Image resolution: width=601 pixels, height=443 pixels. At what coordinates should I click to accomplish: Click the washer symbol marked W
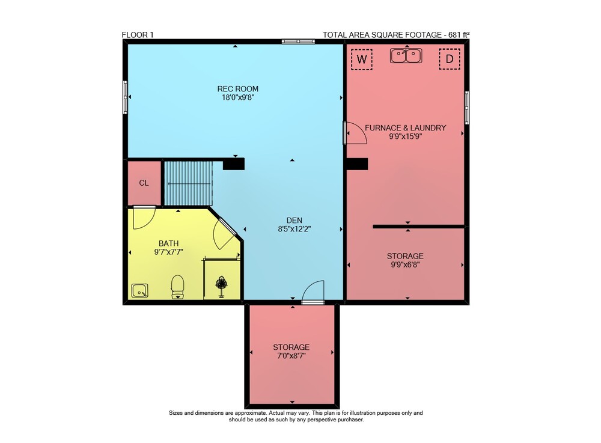tap(362, 59)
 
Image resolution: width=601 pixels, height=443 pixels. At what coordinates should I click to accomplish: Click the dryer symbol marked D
tap(450, 59)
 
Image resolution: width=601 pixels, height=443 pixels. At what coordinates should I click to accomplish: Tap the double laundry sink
tap(406, 55)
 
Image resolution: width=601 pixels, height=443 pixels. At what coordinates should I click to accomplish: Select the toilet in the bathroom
tap(177, 287)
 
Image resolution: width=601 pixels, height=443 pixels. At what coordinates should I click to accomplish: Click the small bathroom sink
tap(139, 290)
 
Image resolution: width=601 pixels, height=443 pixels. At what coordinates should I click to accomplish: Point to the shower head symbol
tap(221, 286)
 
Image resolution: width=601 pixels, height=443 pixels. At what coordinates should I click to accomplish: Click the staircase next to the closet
tap(188, 183)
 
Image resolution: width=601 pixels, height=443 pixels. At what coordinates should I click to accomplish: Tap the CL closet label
tap(144, 183)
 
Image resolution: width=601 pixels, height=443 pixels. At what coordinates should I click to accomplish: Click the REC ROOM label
tap(237, 89)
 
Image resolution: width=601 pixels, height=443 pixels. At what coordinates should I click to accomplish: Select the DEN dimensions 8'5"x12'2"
tap(294, 229)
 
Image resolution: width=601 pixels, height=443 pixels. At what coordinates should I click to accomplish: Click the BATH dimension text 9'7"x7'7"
tap(168, 252)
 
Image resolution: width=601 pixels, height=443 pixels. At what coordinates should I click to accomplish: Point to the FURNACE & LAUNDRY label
tap(405, 128)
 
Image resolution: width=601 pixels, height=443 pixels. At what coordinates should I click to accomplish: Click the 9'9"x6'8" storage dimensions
tap(405, 264)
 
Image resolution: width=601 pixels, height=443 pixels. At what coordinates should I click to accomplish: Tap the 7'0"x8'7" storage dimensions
tap(291, 356)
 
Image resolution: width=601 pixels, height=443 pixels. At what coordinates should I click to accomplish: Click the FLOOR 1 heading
tap(138, 35)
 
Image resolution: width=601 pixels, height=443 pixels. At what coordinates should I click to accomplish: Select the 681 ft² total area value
tap(459, 34)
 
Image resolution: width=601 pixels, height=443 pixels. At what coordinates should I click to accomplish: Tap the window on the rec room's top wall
tap(298, 41)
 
